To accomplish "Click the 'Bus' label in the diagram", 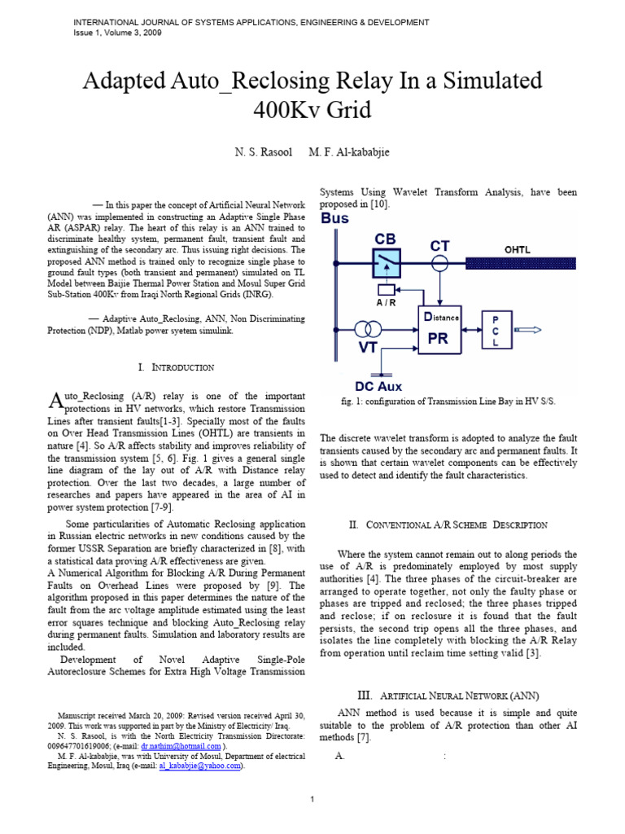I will pos(334,219).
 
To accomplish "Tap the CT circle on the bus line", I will pos(440,262).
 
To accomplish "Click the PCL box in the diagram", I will pos(496,330).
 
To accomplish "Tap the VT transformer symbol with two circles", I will pos(367,329).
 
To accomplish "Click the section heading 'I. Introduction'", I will pos(176,368).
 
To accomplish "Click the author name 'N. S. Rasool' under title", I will pos(260,153).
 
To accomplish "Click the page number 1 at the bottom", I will pos(312,799).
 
